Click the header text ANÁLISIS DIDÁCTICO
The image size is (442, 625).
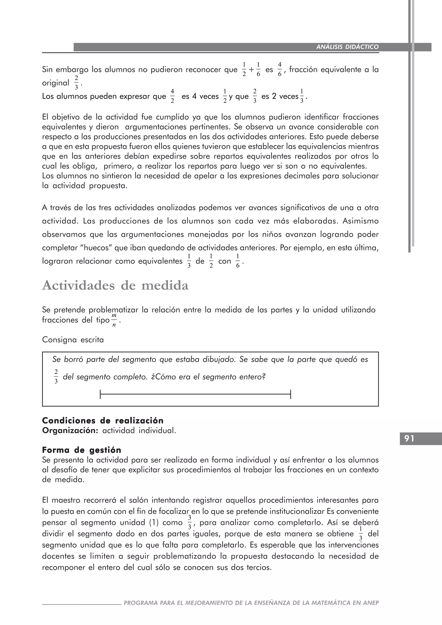pos(347,47)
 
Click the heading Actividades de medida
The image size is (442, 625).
pos(115,286)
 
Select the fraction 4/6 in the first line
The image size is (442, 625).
pos(279,69)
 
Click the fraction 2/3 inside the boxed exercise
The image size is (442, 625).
pos(56,377)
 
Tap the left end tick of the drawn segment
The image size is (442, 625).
pos(100,394)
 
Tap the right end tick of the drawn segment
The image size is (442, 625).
pos(291,394)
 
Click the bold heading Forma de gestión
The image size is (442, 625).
pos(82,450)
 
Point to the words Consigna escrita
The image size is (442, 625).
pos(73,340)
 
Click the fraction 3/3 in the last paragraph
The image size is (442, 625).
pos(190,522)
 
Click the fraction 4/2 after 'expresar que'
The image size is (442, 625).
pos(172,96)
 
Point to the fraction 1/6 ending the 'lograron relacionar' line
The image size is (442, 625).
pos(238,261)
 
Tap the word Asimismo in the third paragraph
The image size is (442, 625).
pos(360,221)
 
